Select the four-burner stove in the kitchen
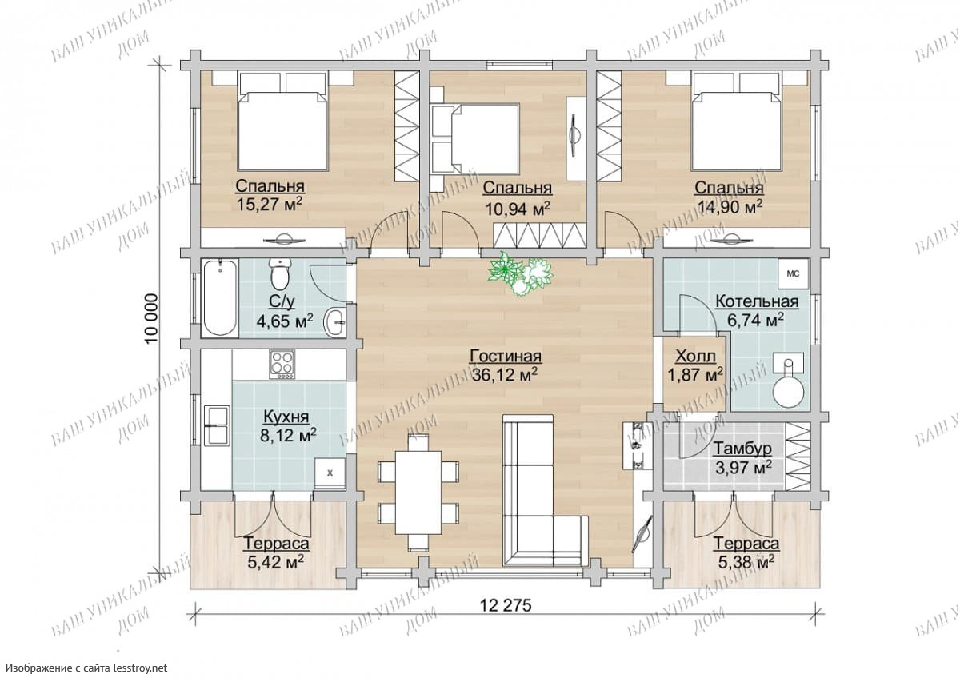(x=282, y=364)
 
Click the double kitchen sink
(x=217, y=425)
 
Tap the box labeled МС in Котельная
(x=794, y=273)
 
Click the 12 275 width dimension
(x=506, y=605)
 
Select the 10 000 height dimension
(x=152, y=319)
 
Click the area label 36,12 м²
(x=505, y=375)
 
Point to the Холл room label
(x=695, y=356)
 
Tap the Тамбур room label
(x=742, y=449)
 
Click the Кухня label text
(x=286, y=417)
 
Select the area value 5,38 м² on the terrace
(x=746, y=562)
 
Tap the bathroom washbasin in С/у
(x=334, y=322)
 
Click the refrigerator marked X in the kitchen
(x=330, y=473)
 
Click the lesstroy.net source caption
(x=86, y=668)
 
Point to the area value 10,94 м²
(x=518, y=209)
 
